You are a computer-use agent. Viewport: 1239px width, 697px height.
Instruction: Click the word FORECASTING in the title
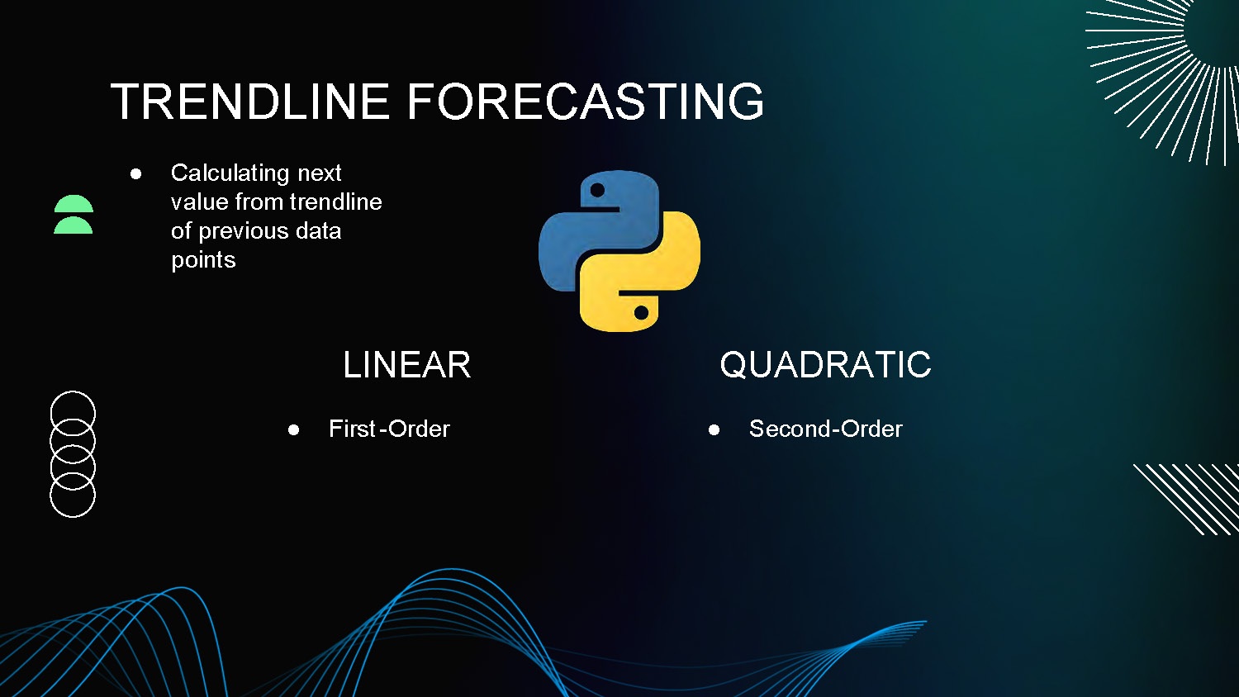point(585,102)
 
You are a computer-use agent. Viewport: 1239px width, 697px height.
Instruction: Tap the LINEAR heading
point(406,365)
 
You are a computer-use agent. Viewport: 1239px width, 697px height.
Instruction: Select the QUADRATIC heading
point(825,365)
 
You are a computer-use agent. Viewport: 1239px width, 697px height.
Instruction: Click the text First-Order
point(389,429)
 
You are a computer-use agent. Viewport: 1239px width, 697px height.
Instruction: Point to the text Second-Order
point(825,429)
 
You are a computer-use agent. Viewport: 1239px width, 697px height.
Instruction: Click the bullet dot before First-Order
point(293,429)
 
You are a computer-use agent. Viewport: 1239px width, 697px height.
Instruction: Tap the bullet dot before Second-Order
point(714,429)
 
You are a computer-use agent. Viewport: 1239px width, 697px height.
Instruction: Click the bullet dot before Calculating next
point(135,173)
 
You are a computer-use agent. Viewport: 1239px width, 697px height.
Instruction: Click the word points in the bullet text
point(203,260)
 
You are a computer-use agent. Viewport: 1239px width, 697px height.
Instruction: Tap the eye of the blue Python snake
point(597,191)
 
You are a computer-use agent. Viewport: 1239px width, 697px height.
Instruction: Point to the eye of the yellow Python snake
point(641,312)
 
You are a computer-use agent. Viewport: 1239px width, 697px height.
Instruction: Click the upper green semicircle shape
point(74,205)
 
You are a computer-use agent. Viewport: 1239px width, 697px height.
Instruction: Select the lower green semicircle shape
point(74,226)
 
